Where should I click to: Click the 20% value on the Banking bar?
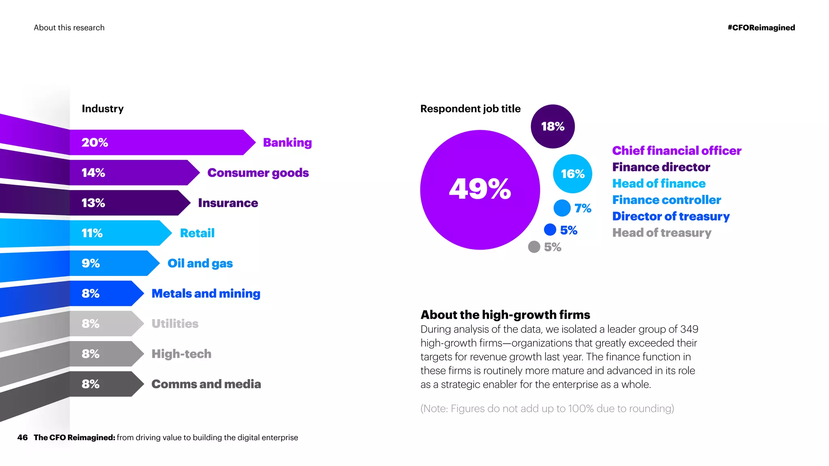point(95,142)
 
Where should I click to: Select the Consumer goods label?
point(258,173)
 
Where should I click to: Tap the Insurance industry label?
point(228,203)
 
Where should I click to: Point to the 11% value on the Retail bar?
point(92,233)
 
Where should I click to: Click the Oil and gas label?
point(200,263)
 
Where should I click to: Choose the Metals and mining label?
point(206,293)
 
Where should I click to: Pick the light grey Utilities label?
point(175,324)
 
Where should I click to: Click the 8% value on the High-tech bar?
point(90,354)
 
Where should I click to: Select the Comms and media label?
point(206,384)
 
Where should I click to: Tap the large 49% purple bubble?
point(480,189)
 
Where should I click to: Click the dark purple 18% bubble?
point(553,127)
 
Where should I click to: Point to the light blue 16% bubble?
point(572,174)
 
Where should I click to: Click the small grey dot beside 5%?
point(534,247)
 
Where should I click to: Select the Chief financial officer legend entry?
point(676,150)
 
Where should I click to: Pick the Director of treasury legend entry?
point(671,216)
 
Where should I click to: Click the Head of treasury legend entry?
point(661,233)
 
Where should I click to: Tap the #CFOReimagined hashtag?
point(761,28)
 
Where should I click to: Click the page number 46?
point(22,437)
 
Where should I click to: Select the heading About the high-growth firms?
point(505,315)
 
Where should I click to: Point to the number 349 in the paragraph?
point(689,329)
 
